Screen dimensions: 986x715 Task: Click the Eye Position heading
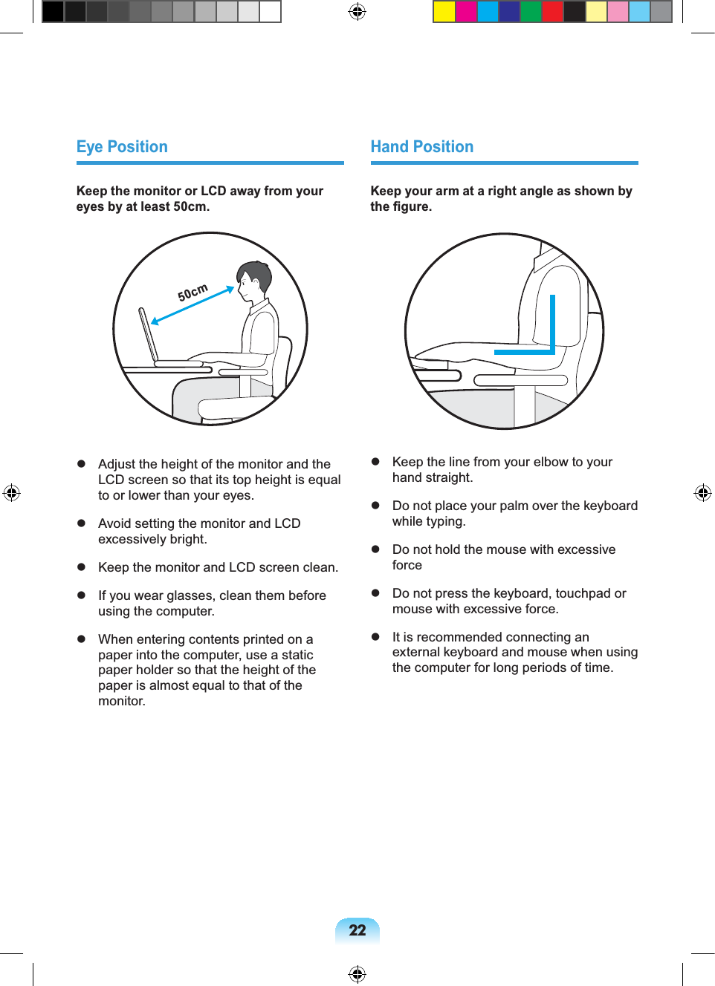122,147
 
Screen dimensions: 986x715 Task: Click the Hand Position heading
421,147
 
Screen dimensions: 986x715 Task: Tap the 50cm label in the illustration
192,293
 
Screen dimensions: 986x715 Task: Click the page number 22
357,930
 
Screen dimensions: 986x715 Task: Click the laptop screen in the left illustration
149,335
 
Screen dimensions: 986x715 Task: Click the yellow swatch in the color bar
444,11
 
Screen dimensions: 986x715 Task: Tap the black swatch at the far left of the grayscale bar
53,11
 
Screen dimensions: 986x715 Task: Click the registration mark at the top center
357,11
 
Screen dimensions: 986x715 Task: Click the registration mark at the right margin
702,493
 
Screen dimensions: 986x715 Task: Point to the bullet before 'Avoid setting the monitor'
82,523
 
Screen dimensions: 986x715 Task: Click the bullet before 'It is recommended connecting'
376,636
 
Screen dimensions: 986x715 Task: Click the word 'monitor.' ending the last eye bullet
121,701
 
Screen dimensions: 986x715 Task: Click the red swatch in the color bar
552,11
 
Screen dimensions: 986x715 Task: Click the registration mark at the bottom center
357,973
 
